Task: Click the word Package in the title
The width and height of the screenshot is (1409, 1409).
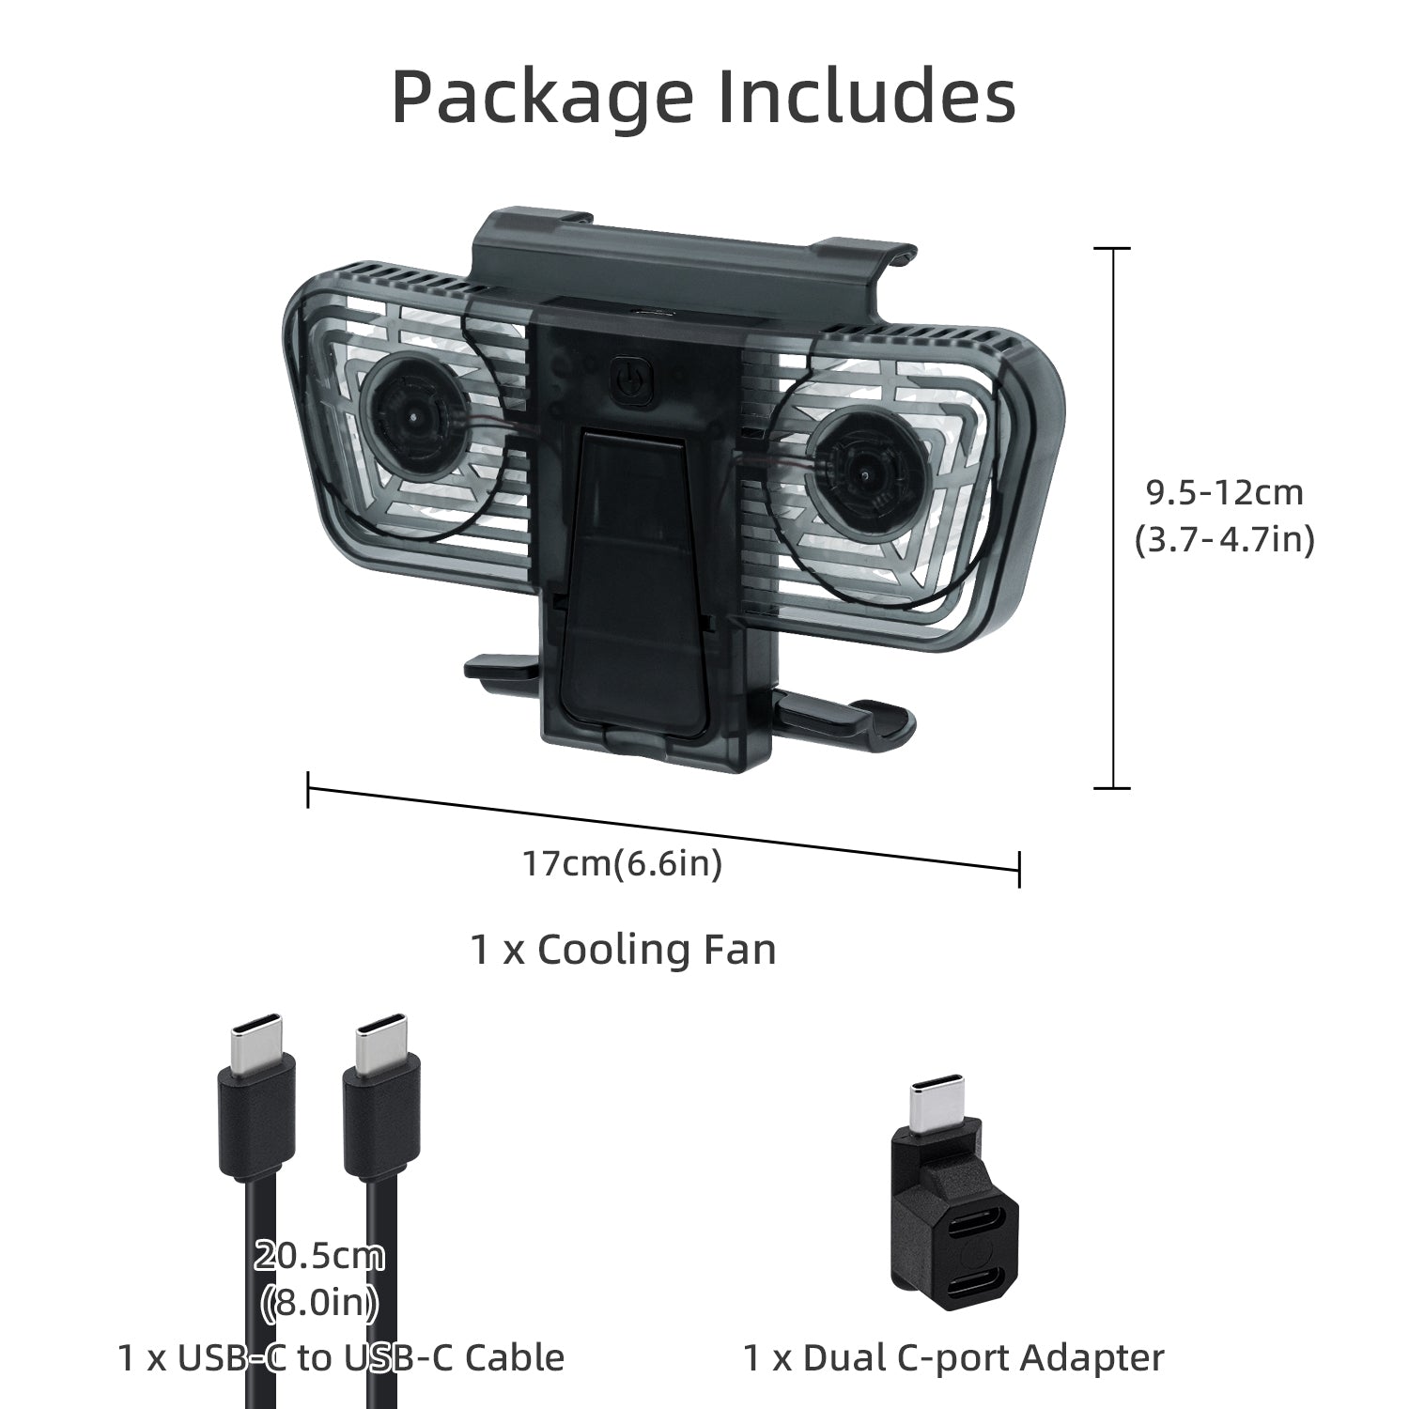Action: (543, 97)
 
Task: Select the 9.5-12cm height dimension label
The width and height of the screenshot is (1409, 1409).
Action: (1224, 491)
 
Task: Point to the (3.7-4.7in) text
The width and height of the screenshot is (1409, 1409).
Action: (1224, 540)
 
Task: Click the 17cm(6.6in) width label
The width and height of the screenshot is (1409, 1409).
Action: (623, 863)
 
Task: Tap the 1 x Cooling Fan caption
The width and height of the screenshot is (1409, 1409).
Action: (623, 950)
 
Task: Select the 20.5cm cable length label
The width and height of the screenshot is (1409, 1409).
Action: (319, 1256)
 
